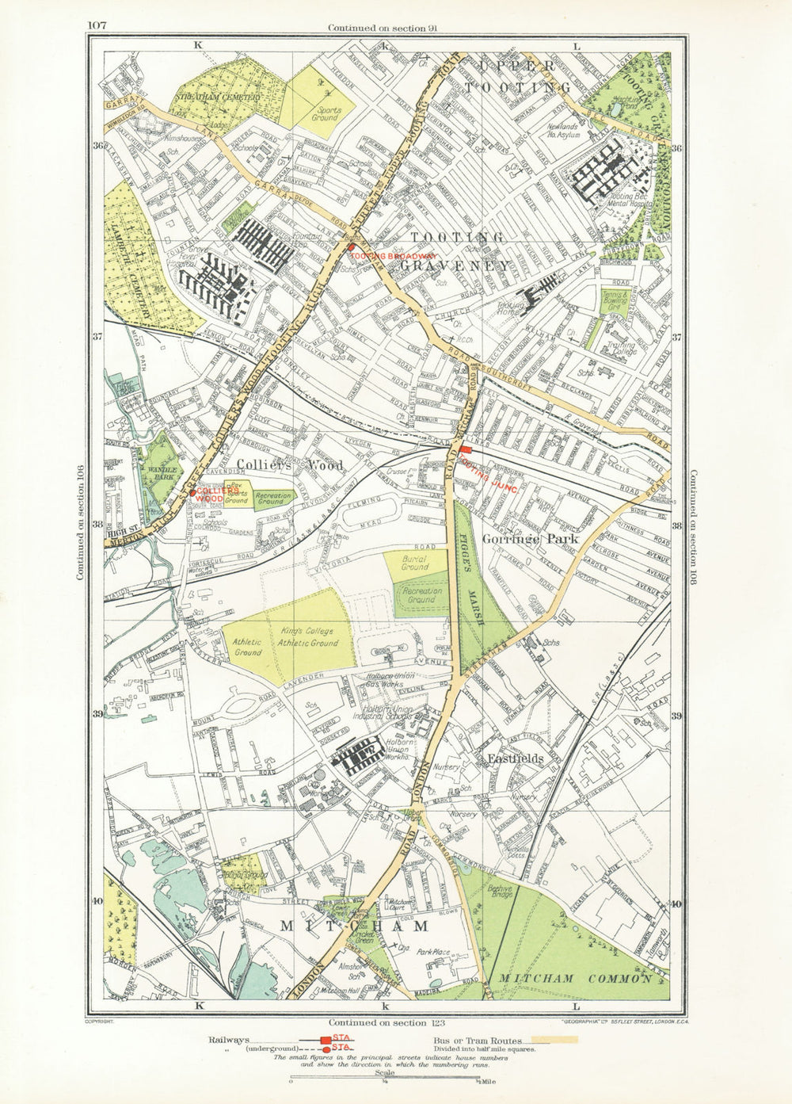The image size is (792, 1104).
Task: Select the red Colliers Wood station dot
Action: pos(193,492)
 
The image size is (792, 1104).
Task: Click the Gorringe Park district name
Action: pos(540,539)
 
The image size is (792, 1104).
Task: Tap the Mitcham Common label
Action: pos(573,979)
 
